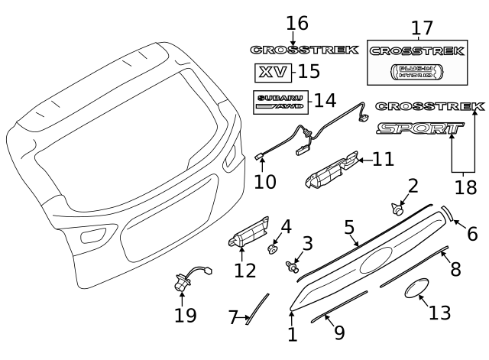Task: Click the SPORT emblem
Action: (x=419, y=129)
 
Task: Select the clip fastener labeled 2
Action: (x=397, y=206)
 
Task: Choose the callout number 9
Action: (x=339, y=334)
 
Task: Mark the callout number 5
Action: (x=348, y=228)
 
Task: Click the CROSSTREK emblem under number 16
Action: (x=304, y=50)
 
